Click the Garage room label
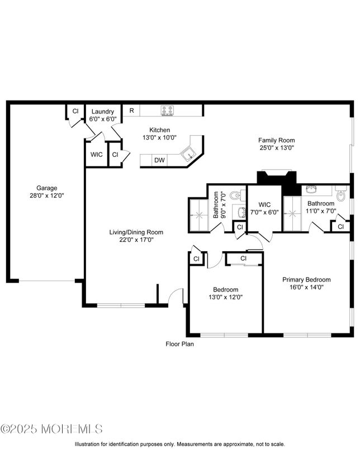point(47,188)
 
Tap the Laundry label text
point(102,112)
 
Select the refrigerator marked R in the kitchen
point(131,111)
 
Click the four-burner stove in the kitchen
point(167,111)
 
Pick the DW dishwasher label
point(159,160)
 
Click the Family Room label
point(276,140)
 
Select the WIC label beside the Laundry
point(96,155)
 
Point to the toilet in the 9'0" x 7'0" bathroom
point(236,195)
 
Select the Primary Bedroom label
point(306,280)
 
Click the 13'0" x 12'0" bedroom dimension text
point(226,297)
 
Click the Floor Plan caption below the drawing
point(179,345)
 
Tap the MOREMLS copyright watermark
point(51,429)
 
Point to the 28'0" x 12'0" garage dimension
point(47,196)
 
